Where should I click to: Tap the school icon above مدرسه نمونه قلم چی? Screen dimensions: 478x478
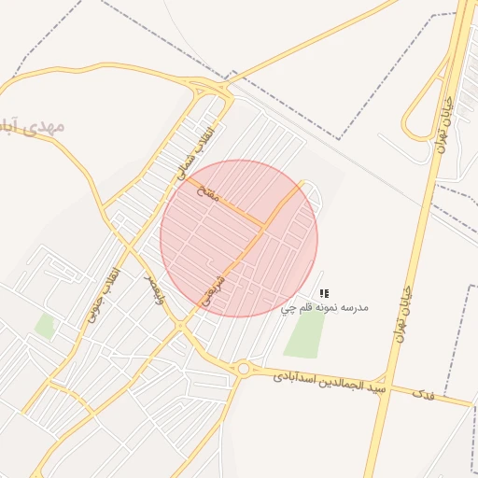click(324, 293)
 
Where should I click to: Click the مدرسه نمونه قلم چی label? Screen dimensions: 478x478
click(325, 307)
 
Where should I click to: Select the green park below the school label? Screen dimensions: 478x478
click(303, 336)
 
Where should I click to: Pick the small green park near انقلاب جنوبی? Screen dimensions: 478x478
click(44, 326)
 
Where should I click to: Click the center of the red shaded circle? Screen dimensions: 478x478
click(239, 238)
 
